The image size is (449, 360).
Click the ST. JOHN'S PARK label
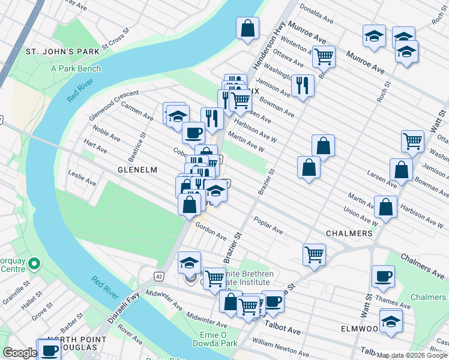tap(62, 52)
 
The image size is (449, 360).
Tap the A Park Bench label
tap(76, 68)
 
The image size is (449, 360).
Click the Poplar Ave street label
tap(268, 226)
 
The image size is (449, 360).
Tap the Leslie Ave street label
tap(82, 178)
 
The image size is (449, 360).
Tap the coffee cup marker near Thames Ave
tap(382, 276)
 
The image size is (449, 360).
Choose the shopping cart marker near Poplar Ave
tap(314, 254)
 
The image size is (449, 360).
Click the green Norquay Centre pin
tap(35, 263)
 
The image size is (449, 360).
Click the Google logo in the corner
tap(19, 353)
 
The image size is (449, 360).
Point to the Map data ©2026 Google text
tap(412, 355)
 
